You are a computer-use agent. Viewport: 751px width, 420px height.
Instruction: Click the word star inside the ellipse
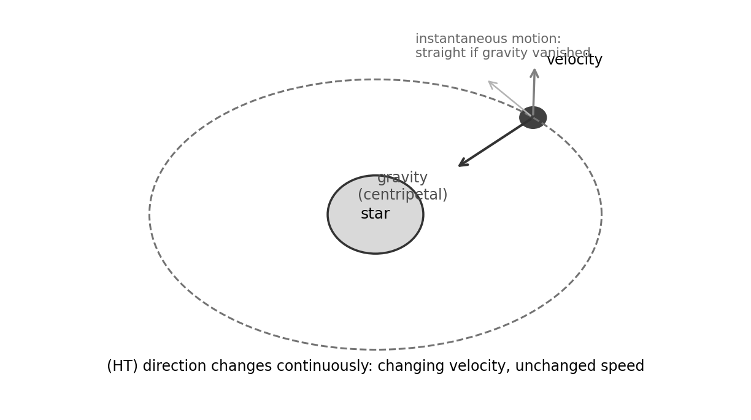(x=375, y=214)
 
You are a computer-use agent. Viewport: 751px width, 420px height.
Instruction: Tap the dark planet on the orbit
(x=533, y=117)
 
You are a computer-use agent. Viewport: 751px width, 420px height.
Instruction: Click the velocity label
(x=574, y=60)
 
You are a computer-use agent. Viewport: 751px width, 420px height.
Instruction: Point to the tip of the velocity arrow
(x=535, y=69)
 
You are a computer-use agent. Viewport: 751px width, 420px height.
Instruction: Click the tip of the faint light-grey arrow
(x=488, y=81)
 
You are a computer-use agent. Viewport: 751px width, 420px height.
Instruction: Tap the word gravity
(x=402, y=178)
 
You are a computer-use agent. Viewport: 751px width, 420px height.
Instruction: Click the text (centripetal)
(x=402, y=195)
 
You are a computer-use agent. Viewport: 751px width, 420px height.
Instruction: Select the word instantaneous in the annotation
(x=461, y=39)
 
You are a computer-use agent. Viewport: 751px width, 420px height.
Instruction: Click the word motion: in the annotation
(x=536, y=39)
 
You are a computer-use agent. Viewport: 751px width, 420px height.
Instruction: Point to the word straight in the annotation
(x=442, y=53)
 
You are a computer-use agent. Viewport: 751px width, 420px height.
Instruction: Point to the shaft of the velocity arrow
(x=534, y=93)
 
